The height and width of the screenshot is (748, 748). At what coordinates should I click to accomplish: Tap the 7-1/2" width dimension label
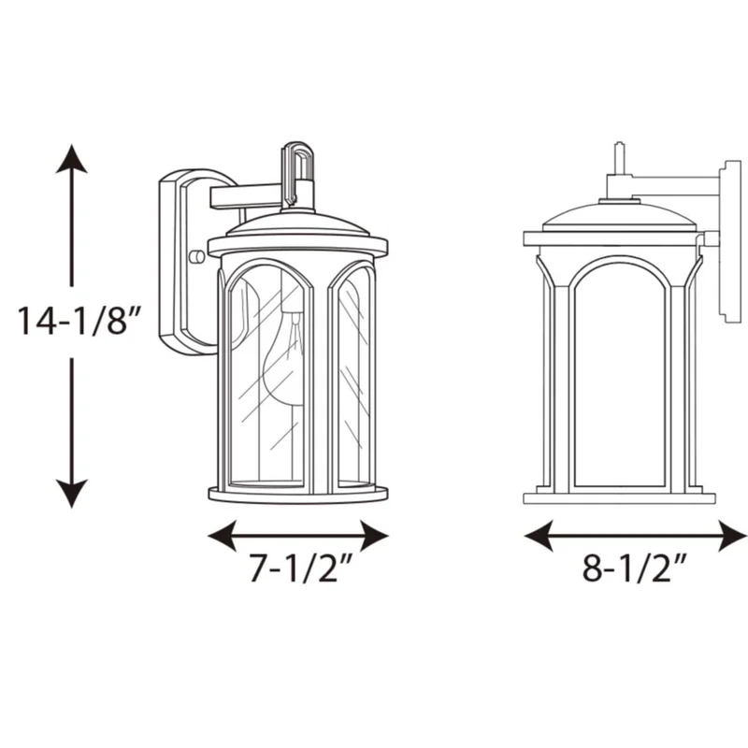(x=300, y=568)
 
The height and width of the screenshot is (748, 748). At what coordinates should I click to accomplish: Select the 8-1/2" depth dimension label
(x=634, y=568)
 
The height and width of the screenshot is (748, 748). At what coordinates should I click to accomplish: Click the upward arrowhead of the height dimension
(x=72, y=159)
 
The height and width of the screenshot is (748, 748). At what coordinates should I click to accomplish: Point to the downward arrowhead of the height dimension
(x=72, y=494)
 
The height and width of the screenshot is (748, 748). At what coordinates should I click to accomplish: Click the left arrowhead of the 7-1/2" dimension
(x=223, y=536)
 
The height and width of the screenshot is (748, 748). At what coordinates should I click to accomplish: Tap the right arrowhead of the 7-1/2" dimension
(x=375, y=536)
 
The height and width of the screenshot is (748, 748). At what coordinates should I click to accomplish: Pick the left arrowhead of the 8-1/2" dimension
(x=539, y=536)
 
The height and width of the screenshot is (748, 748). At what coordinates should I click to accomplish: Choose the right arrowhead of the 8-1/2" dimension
(x=732, y=536)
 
